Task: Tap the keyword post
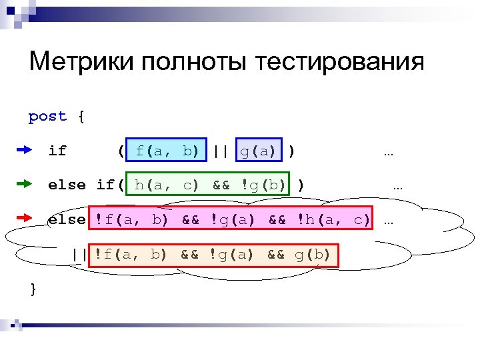point(47,117)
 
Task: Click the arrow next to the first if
point(23,151)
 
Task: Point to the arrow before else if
point(23,184)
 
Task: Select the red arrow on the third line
point(23,218)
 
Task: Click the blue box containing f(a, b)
point(166,151)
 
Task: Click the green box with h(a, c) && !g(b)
point(209,185)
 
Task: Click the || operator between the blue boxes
point(221,151)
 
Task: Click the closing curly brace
point(33,288)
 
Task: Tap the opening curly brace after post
point(81,117)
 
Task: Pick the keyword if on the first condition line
point(57,151)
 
